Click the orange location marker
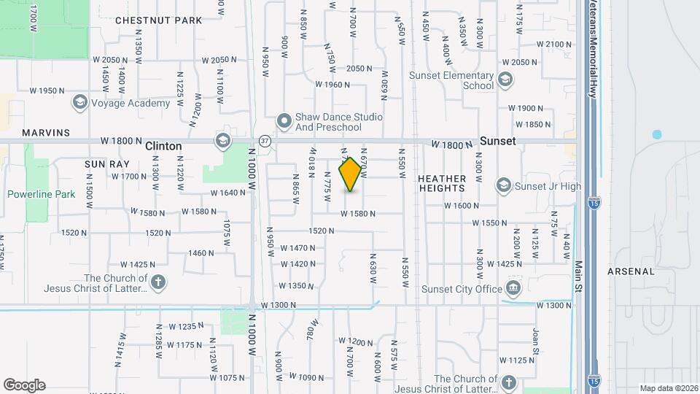351,174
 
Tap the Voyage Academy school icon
79,103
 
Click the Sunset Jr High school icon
503,186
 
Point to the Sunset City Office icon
513,288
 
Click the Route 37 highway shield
265,140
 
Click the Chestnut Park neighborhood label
158,20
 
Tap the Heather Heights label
442,183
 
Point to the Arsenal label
631,271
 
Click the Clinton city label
163,146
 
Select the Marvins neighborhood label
46,133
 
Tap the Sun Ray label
106,164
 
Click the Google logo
24,385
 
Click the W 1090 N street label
306,376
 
